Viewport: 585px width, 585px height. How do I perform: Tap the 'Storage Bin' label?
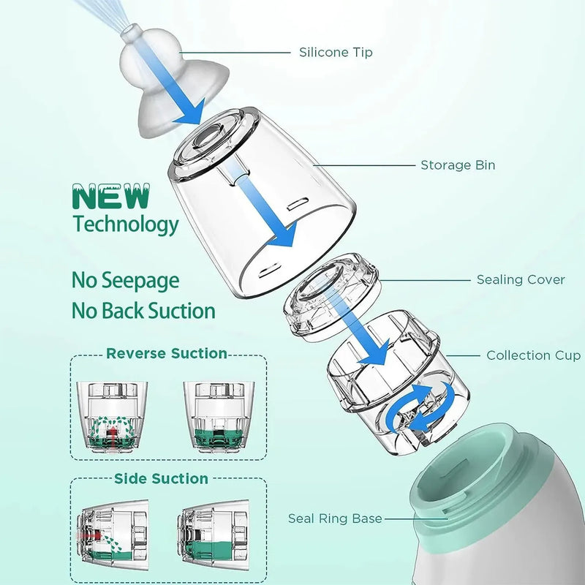[458, 165]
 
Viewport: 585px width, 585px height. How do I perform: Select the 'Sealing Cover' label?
[521, 280]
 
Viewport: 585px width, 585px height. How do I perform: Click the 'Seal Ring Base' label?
[335, 518]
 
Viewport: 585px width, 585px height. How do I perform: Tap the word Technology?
[125, 224]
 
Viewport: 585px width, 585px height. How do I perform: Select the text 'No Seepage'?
[125, 280]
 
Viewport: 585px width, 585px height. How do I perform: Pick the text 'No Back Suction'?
[143, 311]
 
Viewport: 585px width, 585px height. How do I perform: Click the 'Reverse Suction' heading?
[167, 354]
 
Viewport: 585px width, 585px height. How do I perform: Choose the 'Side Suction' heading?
[161, 479]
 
